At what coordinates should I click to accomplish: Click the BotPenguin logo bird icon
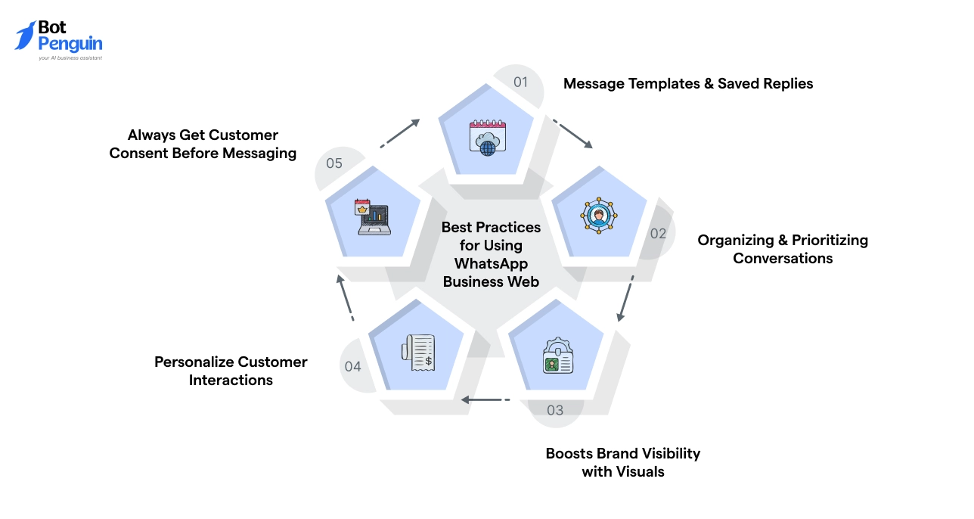click(x=25, y=36)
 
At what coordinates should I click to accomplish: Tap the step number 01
click(x=520, y=82)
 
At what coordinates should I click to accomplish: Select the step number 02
click(x=658, y=233)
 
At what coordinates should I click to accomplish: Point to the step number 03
click(x=555, y=410)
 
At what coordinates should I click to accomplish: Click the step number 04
click(x=352, y=367)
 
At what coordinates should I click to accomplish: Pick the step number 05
click(x=334, y=163)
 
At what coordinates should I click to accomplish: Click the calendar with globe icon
click(x=488, y=137)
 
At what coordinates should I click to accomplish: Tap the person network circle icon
click(x=598, y=215)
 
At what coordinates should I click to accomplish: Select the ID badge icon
click(x=558, y=356)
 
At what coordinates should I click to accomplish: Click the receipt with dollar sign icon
click(x=418, y=353)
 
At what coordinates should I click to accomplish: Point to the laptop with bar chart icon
click(x=374, y=217)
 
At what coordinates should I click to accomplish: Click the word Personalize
click(x=192, y=362)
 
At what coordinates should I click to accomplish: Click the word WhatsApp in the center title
click(x=491, y=263)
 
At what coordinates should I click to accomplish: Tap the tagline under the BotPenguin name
click(x=70, y=57)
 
